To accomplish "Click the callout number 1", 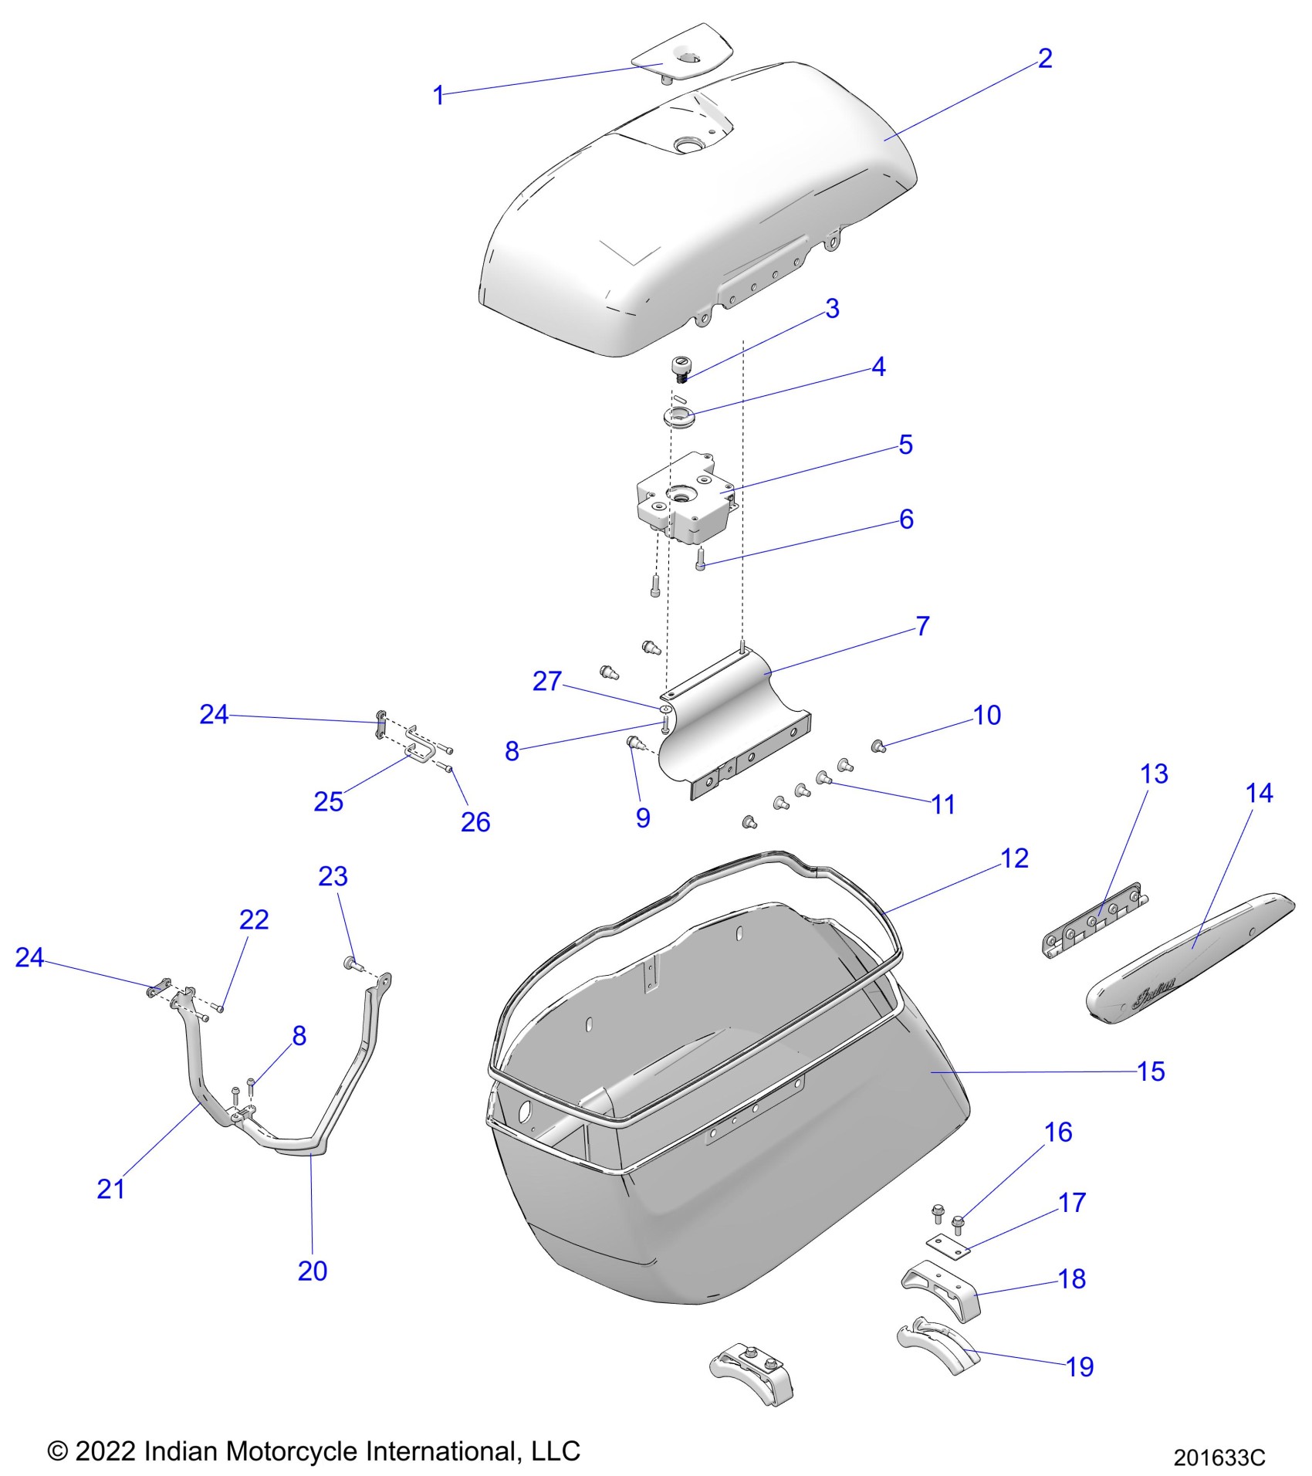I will [438, 96].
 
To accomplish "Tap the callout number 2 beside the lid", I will [1044, 59].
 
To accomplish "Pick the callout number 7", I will [922, 625].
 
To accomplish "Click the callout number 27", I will [547, 681].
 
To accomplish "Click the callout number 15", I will [1151, 1071].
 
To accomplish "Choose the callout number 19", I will [1080, 1366].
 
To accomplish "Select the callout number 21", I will [110, 1189].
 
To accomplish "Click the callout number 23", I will [333, 876].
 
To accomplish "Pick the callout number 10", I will [987, 716].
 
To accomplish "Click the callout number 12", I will [1014, 858].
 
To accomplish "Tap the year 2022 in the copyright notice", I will [106, 1451].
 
